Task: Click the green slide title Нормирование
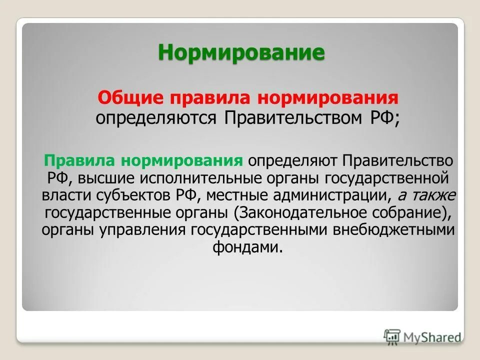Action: pyautogui.click(x=241, y=52)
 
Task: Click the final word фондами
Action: pyautogui.click(x=248, y=247)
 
